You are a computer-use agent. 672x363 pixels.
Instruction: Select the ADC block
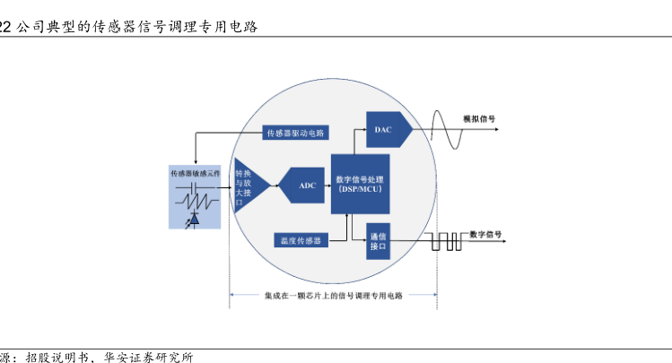pyautogui.click(x=307, y=186)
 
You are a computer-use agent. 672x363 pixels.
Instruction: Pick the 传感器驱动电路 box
pyautogui.click(x=295, y=133)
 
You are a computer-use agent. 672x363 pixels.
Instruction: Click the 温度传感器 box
pyautogui.click(x=300, y=239)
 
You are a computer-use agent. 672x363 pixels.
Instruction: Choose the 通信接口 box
pyautogui.click(x=377, y=239)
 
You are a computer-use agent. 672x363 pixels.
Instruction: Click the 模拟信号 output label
pyautogui.click(x=479, y=117)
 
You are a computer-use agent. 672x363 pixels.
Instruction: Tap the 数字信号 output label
pyautogui.click(x=485, y=234)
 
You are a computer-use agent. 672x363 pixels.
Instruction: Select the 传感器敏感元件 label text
pyautogui.click(x=196, y=172)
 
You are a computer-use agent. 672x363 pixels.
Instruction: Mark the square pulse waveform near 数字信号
pyautogui.click(x=447, y=240)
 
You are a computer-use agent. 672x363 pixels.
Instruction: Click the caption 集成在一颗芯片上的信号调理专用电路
pyautogui.click(x=334, y=295)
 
